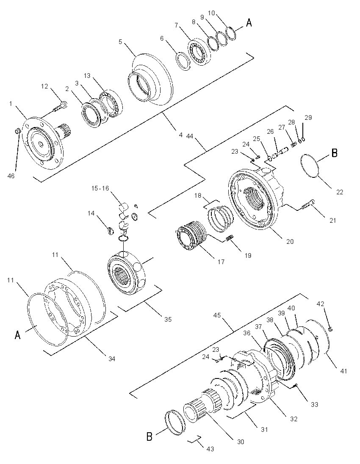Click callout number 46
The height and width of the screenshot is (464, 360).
(11, 176)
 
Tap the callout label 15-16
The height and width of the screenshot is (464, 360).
(100, 188)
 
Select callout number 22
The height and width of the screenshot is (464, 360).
(340, 192)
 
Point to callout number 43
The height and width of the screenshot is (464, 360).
(210, 449)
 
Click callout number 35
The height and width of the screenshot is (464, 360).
(168, 320)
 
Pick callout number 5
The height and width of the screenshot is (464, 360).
(120, 42)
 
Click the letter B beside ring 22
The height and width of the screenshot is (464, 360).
(334, 153)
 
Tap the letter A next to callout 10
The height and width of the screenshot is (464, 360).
(249, 22)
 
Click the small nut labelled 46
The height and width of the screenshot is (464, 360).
(17, 130)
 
